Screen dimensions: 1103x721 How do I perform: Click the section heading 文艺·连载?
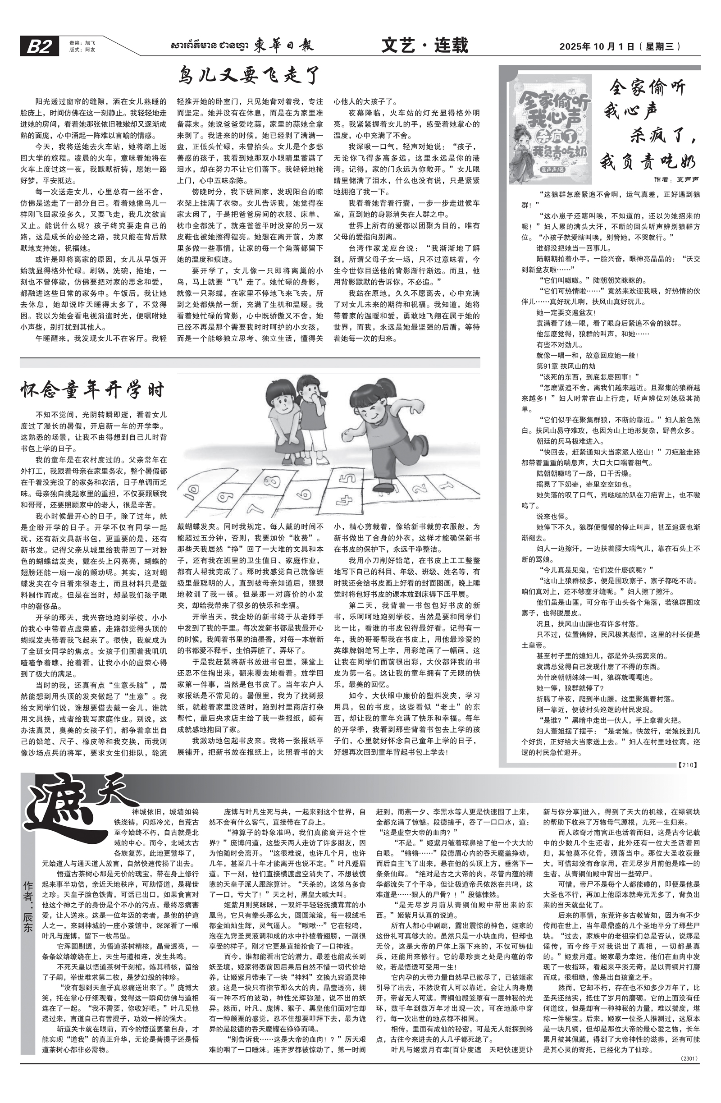click(424, 46)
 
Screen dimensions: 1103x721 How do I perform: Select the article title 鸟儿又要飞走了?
click(249, 76)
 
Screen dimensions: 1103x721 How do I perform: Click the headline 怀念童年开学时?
click(93, 390)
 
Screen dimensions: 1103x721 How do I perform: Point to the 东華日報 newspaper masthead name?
click(283, 46)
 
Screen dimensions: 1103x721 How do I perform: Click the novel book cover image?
click(550, 131)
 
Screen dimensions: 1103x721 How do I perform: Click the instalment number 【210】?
click(687, 764)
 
